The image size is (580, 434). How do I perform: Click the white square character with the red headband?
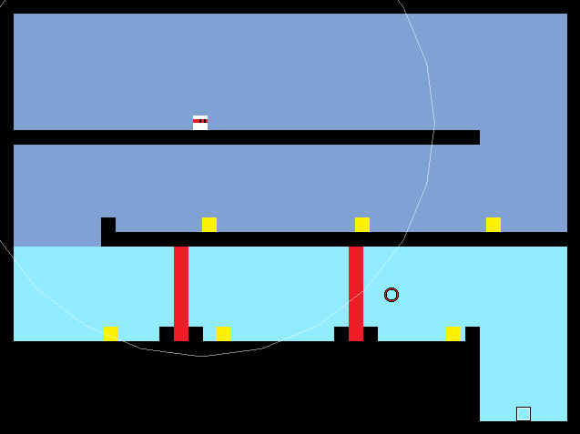pos(200,123)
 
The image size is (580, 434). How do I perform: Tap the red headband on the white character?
pos(200,119)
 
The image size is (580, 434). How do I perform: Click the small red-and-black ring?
pos(392,295)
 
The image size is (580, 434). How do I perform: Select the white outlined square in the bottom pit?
pos(524,414)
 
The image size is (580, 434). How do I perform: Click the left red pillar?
pos(181,293)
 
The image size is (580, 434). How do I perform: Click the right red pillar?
pos(356,293)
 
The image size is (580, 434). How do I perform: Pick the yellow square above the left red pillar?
pos(209,225)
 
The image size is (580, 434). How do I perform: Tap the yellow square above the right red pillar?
pos(362,225)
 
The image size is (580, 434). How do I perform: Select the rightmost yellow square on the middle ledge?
pos(494,225)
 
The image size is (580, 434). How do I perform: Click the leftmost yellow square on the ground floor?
pos(110,334)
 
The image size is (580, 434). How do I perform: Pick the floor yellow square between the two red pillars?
pos(223,334)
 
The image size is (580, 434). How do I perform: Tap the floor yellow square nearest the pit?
pos(453,334)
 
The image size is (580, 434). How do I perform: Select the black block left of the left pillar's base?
pos(167,334)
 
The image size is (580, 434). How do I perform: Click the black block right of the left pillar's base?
pos(196,334)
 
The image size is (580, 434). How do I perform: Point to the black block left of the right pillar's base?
pos(341,334)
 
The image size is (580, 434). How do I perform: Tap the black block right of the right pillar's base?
pos(371,334)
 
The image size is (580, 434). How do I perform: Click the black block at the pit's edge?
pos(473,334)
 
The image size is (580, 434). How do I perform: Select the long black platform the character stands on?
pos(246,137)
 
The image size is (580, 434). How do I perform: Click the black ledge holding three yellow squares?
pos(337,239)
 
